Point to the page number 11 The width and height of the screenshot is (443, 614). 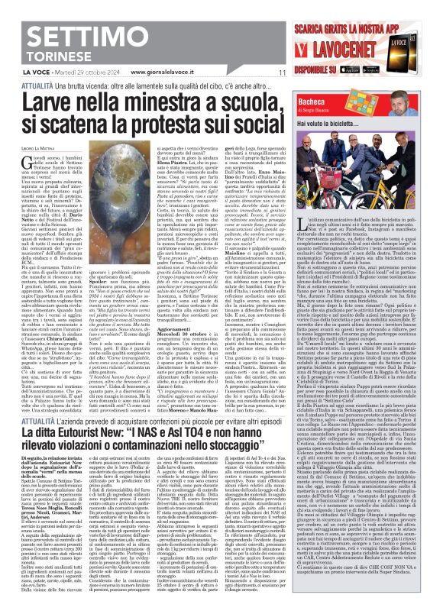point(281,73)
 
